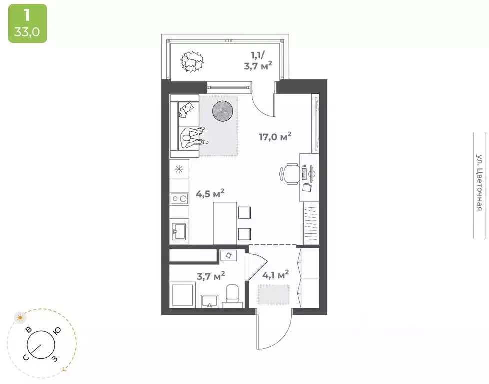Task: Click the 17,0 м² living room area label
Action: pos(275,136)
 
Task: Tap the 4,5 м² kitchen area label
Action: pos(210,193)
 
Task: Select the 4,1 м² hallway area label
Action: pos(275,275)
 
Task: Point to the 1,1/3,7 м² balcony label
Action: pos(258,61)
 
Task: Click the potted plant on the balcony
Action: pos(192,62)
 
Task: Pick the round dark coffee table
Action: pos(222,111)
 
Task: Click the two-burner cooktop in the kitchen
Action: pos(179,198)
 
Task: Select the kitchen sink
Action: pos(179,232)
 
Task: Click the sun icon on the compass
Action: pos(20,318)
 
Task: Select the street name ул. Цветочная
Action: pos(479,182)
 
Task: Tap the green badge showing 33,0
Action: pos(28,23)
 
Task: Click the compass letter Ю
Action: pos(57,331)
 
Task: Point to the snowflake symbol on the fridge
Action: pos(179,169)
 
